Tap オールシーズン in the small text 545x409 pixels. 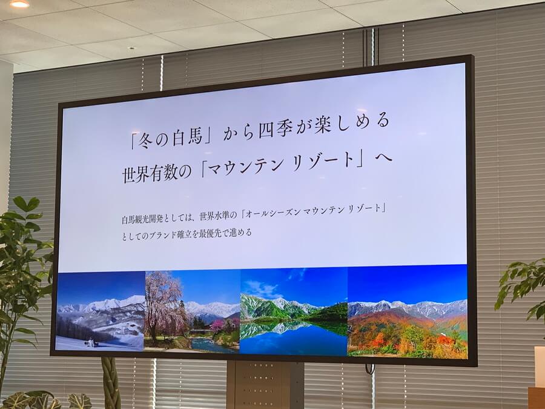point(273,213)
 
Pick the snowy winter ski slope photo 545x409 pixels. point(101,311)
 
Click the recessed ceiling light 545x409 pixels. point(19,4)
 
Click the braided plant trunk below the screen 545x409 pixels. point(111,382)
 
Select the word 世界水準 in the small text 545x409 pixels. point(217,216)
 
